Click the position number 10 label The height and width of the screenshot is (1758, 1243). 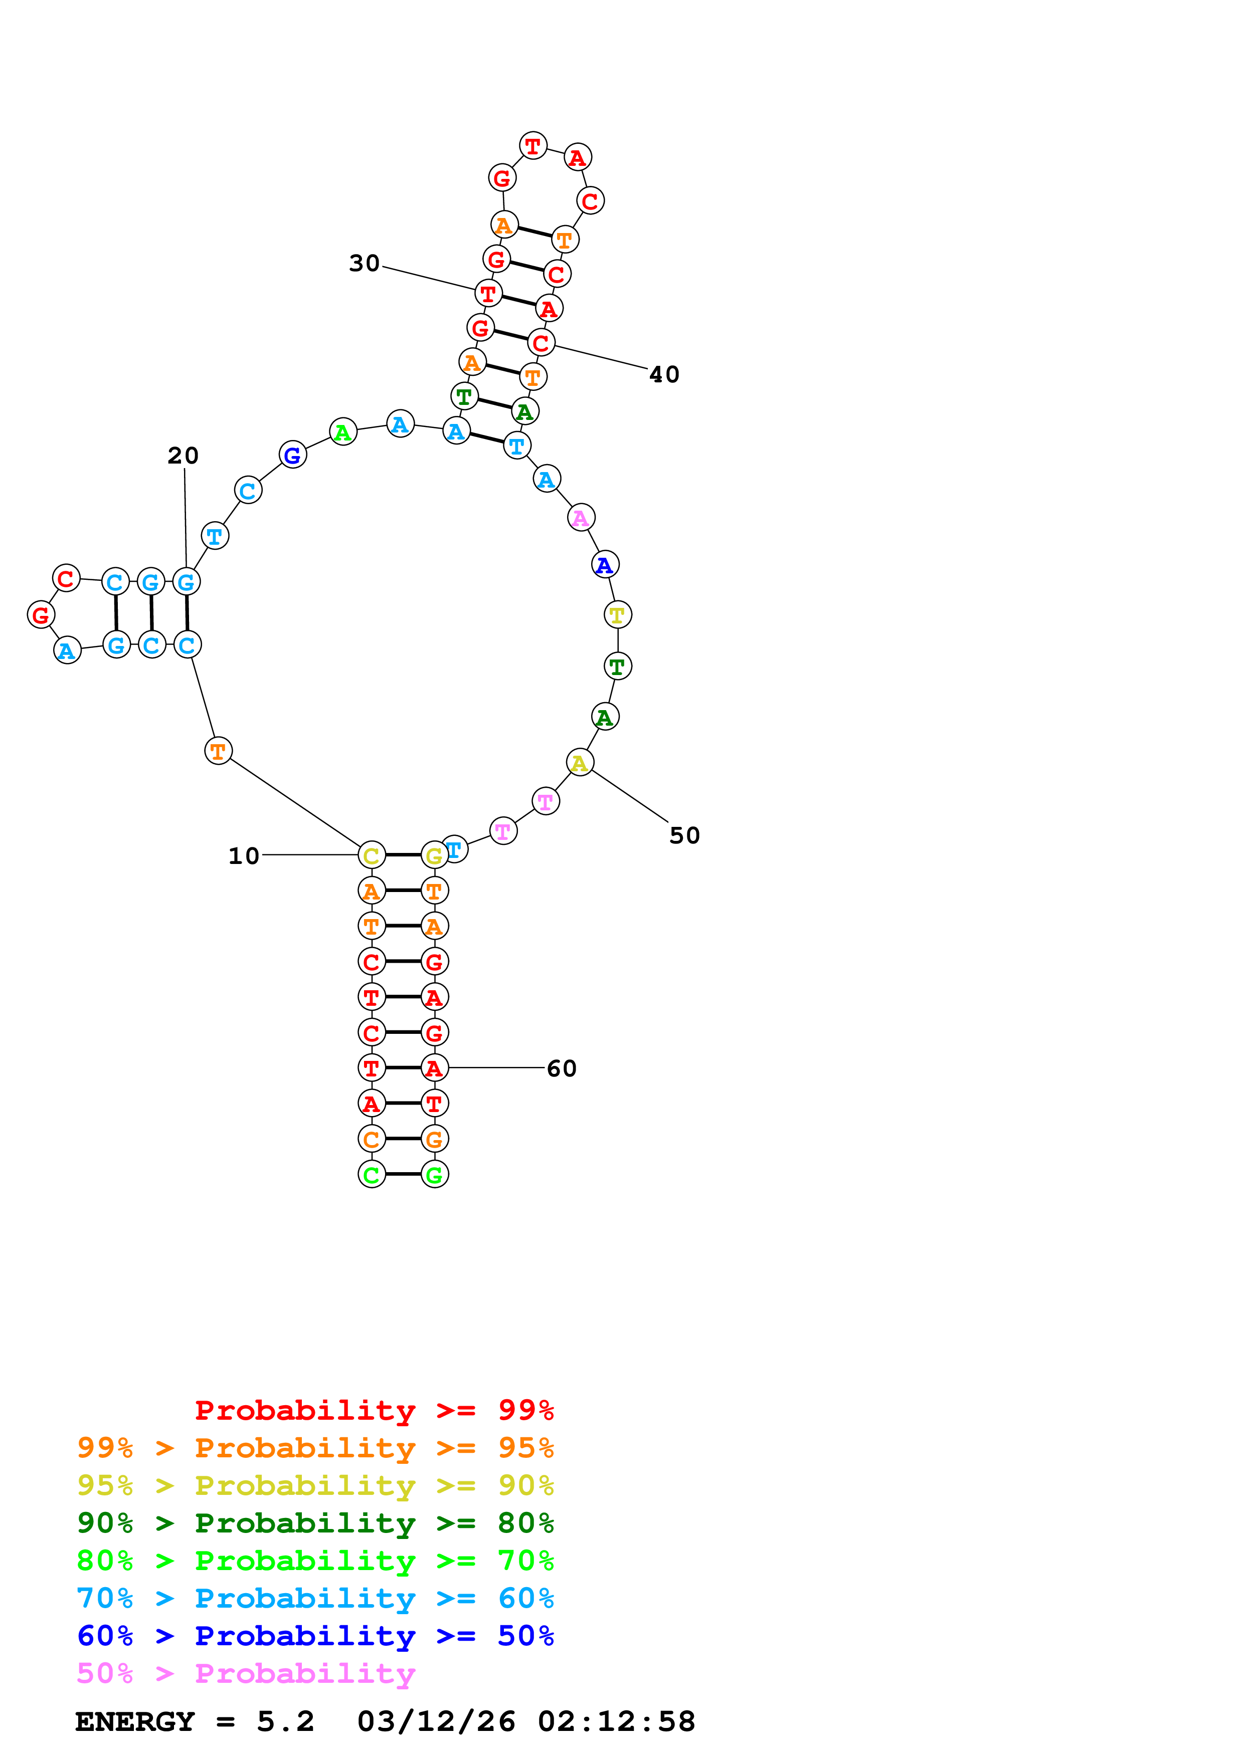point(244,856)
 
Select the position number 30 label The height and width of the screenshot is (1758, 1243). point(364,264)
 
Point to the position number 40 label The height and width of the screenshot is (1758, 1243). point(664,374)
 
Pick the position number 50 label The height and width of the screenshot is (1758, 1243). point(684,835)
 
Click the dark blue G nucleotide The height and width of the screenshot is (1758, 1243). point(292,455)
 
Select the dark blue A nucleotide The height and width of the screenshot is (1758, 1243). point(605,565)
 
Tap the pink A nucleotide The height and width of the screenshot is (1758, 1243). point(581,518)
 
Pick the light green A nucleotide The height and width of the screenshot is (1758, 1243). point(343,432)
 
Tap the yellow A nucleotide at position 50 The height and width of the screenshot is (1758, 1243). point(580,763)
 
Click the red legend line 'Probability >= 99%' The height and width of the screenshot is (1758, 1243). point(374,1410)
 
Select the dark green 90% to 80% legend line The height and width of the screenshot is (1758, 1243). point(315,1523)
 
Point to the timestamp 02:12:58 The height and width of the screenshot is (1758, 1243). point(617,1722)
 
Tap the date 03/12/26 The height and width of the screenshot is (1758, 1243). point(436,1722)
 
